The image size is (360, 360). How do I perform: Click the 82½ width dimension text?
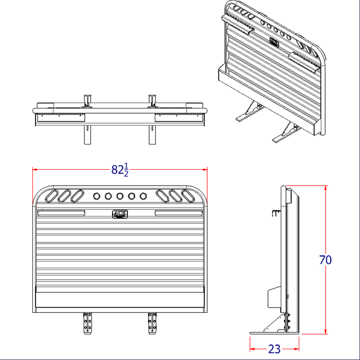120,170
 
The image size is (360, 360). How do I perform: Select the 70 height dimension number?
325,260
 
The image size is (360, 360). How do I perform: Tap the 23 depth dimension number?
275,349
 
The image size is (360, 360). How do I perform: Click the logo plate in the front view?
119,213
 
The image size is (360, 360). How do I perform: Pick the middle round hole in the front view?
120,196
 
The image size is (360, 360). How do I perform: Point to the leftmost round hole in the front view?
96,196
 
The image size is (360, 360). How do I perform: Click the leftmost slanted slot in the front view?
52,196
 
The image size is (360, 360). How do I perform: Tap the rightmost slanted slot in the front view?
187,196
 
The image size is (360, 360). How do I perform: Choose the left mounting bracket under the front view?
86,322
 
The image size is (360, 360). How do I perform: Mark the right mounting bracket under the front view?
152,322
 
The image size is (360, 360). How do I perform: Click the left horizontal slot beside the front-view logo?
61,212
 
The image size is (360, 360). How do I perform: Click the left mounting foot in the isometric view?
248,112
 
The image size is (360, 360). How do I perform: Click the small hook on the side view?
276,213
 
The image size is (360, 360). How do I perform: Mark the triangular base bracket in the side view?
278,324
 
